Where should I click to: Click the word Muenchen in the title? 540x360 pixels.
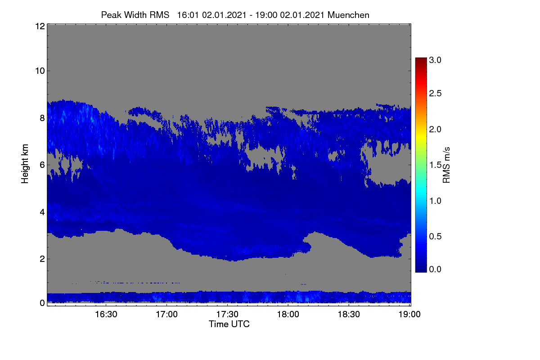pyautogui.click(x=348, y=15)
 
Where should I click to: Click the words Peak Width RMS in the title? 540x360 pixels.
pyautogui.click(x=135, y=15)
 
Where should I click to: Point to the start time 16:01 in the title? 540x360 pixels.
pyautogui.click(x=188, y=15)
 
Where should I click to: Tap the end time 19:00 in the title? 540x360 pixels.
pyautogui.click(x=266, y=15)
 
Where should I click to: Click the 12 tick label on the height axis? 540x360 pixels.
pyautogui.click(x=40, y=26)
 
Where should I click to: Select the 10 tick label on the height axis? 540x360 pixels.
pyautogui.click(x=40, y=71)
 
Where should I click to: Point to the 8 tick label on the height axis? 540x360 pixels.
pyautogui.click(x=42, y=118)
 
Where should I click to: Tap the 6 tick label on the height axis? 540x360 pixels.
pyautogui.click(x=42, y=165)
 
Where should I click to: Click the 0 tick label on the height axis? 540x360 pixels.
pyautogui.click(x=42, y=303)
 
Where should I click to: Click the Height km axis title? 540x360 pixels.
pyautogui.click(x=25, y=164)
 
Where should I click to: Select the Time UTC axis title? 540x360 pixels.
pyautogui.click(x=229, y=324)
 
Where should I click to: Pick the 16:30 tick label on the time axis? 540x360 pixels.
pyautogui.click(x=106, y=314)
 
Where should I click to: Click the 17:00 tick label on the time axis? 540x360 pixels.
pyautogui.click(x=166, y=314)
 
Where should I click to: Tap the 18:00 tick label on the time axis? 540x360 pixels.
pyautogui.click(x=288, y=314)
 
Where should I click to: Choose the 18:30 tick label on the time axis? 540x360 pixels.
pyautogui.click(x=349, y=314)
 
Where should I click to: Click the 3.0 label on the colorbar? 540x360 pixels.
pyautogui.click(x=435, y=60)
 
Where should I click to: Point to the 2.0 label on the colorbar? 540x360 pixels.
pyautogui.click(x=435, y=129)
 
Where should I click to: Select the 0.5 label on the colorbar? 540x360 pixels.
pyautogui.click(x=435, y=236)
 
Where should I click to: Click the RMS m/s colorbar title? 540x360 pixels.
pyautogui.click(x=446, y=165)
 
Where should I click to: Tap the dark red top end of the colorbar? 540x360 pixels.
pyautogui.click(x=421, y=58)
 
